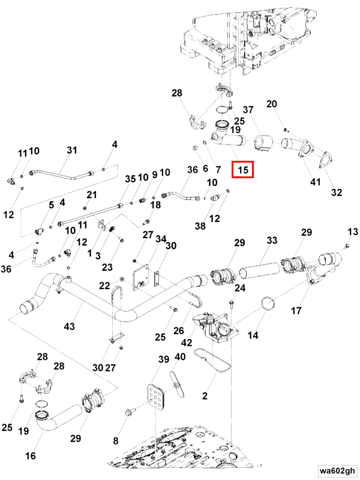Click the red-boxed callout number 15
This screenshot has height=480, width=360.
click(243, 169)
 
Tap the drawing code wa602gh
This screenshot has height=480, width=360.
click(338, 470)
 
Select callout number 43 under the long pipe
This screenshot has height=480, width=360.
click(70, 326)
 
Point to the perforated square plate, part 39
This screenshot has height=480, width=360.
click(156, 397)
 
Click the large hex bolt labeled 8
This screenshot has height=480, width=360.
click(128, 412)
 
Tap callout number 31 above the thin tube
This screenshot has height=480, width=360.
click(72, 150)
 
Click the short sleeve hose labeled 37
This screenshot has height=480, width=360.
click(263, 143)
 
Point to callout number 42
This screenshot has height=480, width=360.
click(187, 342)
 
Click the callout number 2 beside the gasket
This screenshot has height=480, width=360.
click(205, 395)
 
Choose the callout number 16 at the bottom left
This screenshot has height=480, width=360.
click(31, 456)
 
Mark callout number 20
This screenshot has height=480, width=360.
click(272, 104)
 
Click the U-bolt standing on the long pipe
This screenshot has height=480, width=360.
click(117, 298)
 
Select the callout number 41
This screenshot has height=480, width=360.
click(316, 182)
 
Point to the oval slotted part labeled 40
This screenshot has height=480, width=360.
click(177, 383)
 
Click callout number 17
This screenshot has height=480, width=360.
click(296, 311)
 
